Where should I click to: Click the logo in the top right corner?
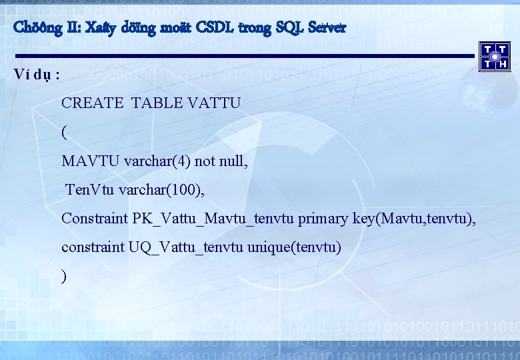point(495,56)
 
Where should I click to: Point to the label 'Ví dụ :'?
point(37,74)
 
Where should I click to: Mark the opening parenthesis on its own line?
point(64,133)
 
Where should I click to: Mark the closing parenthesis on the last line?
point(64,277)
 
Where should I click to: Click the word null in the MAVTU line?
point(233,161)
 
